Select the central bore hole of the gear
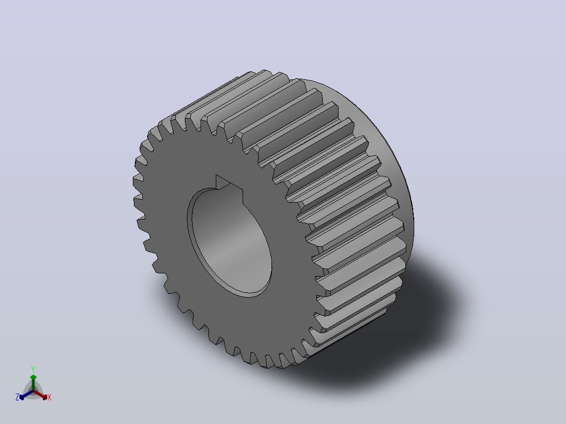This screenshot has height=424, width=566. point(230,242)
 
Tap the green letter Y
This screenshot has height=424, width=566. point(33,369)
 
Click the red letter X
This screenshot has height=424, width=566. point(49,397)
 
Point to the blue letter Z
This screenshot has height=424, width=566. point(17,397)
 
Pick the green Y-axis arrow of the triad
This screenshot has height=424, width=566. point(33,383)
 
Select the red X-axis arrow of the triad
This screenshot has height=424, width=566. point(40,395)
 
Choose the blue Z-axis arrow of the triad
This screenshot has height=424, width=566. point(26,395)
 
